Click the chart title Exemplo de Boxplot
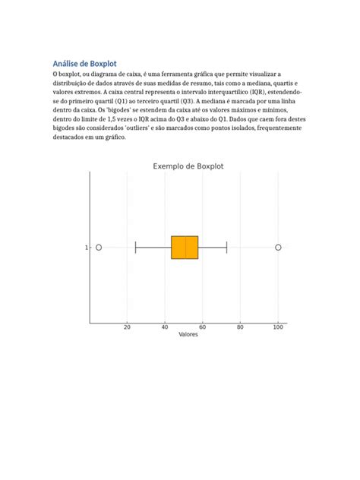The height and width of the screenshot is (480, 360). (188, 166)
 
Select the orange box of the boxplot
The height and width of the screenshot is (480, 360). (178, 248)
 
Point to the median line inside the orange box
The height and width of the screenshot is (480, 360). (185, 248)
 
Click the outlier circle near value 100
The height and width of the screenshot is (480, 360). (278, 248)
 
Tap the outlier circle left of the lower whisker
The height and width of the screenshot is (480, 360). (99, 248)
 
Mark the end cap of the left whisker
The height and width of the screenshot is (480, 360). (135, 248)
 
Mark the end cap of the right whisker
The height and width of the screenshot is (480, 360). (227, 248)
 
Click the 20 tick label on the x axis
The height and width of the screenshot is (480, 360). (127, 327)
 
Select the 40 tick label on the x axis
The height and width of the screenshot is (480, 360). (165, 327)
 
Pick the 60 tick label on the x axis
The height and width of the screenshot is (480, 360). (203, 327)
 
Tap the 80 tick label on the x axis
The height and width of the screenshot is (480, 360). (240, 327)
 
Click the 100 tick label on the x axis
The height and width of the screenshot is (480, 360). (278, 327)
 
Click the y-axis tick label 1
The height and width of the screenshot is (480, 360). (86, 248)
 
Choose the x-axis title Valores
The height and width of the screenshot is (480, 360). (188, 335)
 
